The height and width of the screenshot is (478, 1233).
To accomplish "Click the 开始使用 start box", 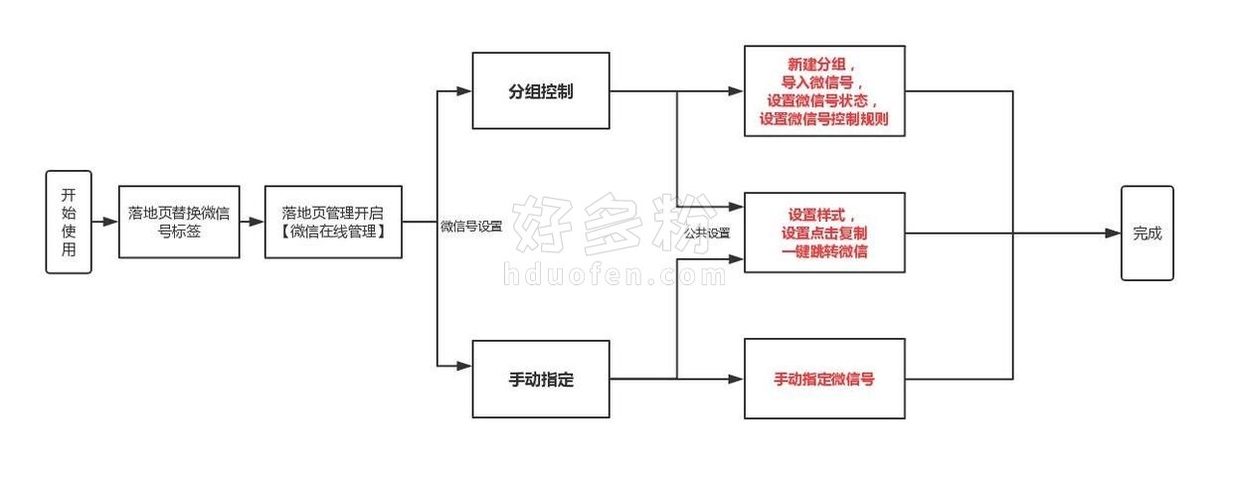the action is coord(69,222).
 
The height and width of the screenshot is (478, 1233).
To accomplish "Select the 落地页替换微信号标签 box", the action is coord(179,222).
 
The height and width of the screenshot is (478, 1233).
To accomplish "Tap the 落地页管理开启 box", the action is coord(333,222).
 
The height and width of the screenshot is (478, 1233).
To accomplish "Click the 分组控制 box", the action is coord(541,90).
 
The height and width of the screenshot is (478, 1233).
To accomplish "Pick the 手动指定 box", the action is coord(541,379).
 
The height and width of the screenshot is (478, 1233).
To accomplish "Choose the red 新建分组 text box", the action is coord(824,90).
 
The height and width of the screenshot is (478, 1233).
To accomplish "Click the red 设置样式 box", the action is coord(824,233).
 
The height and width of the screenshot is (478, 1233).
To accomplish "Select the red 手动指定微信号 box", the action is coord(824,379).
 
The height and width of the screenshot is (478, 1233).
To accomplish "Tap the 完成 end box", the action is coord(1147,234).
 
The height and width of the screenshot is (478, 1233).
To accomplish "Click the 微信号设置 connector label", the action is coord(471,226).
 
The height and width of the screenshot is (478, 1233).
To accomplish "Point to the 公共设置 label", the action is coord(707,234).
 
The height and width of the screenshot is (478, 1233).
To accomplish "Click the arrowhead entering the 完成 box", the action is coord(1113,234).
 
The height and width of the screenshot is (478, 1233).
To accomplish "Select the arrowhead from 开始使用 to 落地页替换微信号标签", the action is coord(110,222).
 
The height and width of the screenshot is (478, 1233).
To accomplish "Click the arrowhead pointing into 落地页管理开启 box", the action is coord(257,222).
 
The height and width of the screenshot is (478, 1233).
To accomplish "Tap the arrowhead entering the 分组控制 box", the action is coord(464,91).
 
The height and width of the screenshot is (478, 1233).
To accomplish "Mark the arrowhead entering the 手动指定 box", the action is coord(464,366).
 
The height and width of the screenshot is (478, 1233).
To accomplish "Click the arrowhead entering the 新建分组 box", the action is coord(736,91).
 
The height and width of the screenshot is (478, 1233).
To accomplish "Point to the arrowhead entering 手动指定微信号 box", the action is coord(736,379).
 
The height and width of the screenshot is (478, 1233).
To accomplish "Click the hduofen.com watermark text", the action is coord(615,274).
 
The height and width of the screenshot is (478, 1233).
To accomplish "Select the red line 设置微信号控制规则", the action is coord(824,119).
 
